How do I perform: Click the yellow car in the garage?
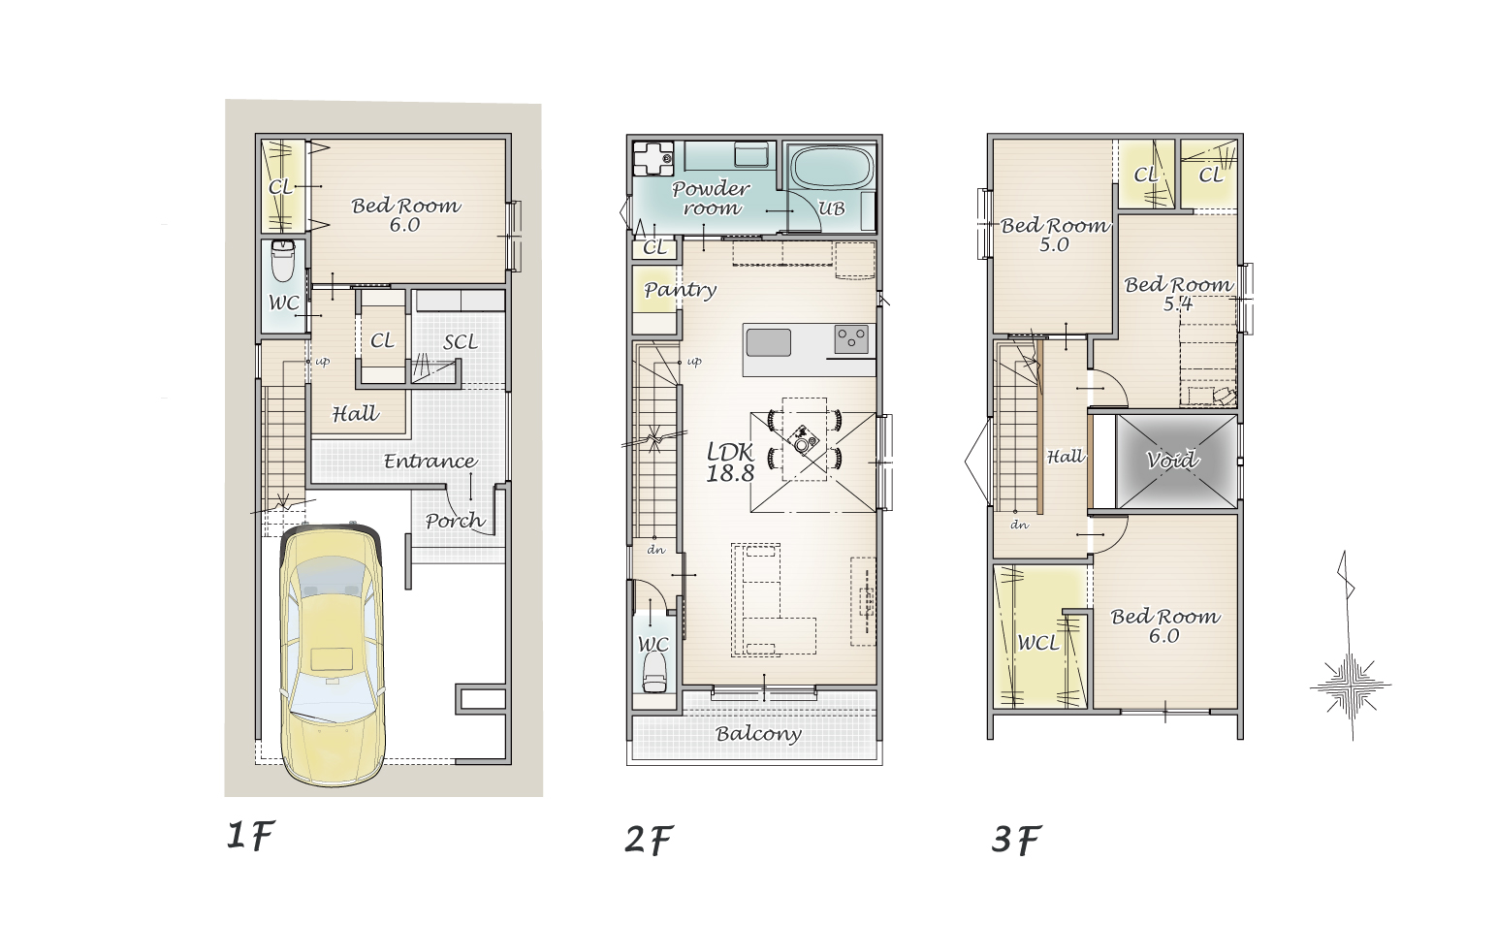pyautogui.click(x=333, y=655)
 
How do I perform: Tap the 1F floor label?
pyautogui.click(x=250, y=836)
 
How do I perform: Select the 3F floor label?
pyautogui.click(x=1016, y=840)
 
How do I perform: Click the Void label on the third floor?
pyautogui.click(x=1172, y=460)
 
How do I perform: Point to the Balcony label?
pyautogui.click(x=758, y=734)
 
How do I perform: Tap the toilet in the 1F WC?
pyautogui.click(x=283, y=261)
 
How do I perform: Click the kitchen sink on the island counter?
pyautogui.click(x=769, y=343)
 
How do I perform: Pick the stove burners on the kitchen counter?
pyautogui.click(x=851, y=338)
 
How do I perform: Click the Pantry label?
pyautogui.click(x=680, y=290)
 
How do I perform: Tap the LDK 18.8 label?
pyautogui.click(x=730, y=462)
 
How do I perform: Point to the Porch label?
pyautogui.click(x=455, y=521)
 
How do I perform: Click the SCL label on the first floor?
pyautogui.click(x=461, y=342)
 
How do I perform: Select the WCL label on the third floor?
pyautogui.click(x=1038, y=643)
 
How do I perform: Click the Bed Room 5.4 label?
pyautogui.click(x=1178, y=294)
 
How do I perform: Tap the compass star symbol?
pyautogui.click(x=1351, y=686)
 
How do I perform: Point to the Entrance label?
pyautogui.click(x=430, y=462)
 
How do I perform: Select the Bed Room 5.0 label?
pyautogui.click(x=1055, y=236)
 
